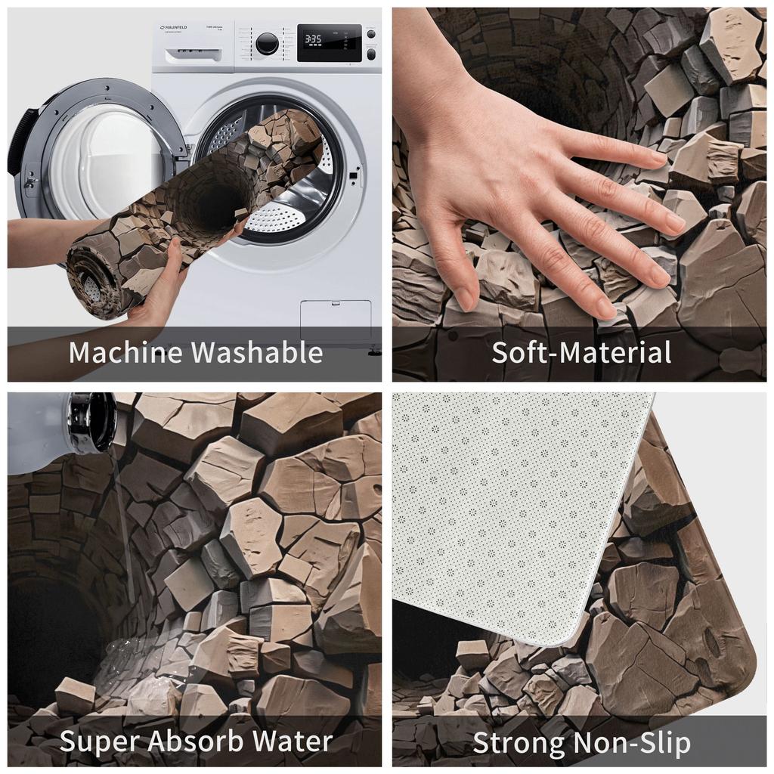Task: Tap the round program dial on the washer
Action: tap(266, 43)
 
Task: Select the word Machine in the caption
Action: tap(125, 352)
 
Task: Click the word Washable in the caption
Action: tap(256, 352)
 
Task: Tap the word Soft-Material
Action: tap(581, 352)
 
